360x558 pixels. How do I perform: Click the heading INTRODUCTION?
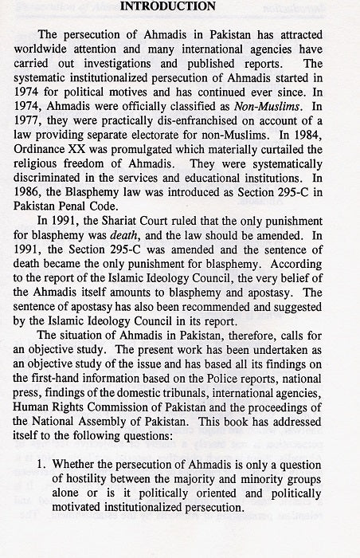(181, 7)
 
